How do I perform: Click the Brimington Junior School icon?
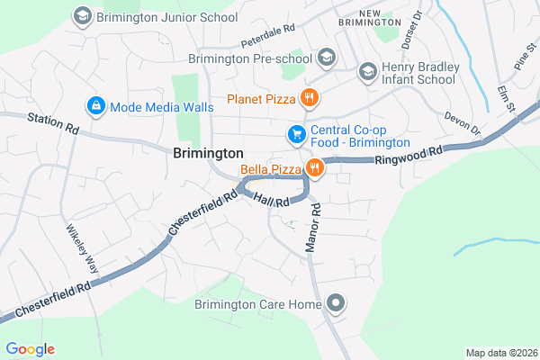tap(83, 15)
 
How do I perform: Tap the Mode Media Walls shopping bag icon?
tap(95, 106)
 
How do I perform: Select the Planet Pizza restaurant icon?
tap(309, 97)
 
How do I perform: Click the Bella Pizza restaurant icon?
tap(314, 167)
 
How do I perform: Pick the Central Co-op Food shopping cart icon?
tap(295, 134)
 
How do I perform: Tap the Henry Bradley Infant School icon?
tap(367, 71)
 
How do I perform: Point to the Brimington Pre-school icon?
tap(327, 58)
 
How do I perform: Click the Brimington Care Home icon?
tap(337, 304)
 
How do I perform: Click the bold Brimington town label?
tap(208, 154)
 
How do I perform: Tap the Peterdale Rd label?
tap(268, 35)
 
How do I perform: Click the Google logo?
tap(30, 349)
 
